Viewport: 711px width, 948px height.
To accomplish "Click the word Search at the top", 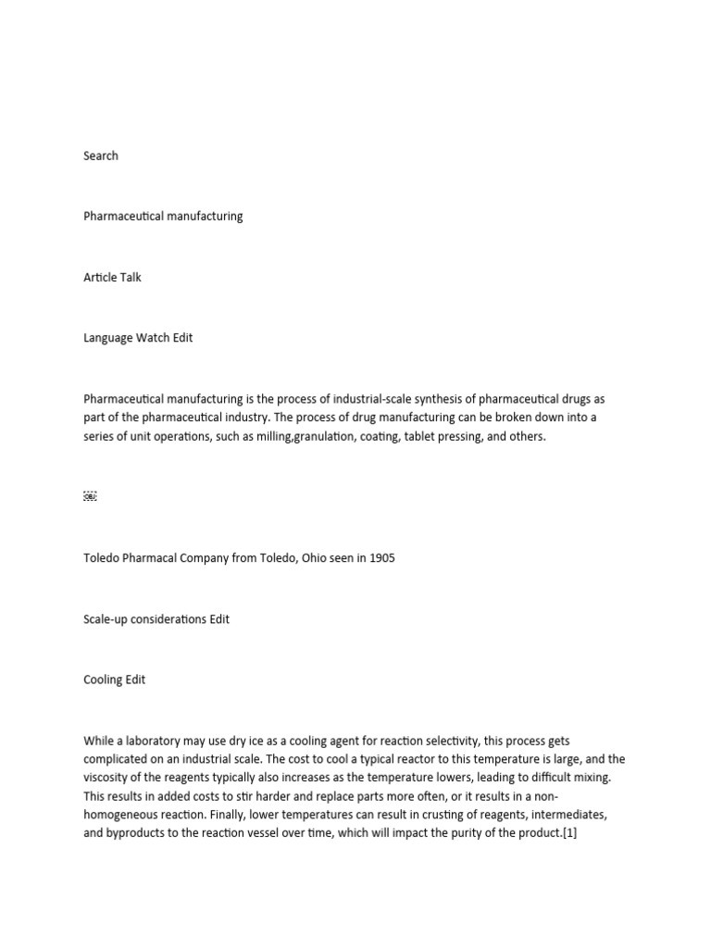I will pyautogui.click(x=101, y=156).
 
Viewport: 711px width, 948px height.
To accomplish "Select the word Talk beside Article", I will pyautogui.click(x=129, y=277).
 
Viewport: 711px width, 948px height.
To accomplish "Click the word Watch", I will pyautogui.click(x=153, y=338).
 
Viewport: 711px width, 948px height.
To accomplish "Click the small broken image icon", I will pyautogui.click(x=90, y=496).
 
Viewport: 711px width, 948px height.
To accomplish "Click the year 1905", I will pyautogui.click(x=380, y=558).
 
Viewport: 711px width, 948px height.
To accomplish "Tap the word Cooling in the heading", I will pyautogui.click(x=102, y=680).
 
